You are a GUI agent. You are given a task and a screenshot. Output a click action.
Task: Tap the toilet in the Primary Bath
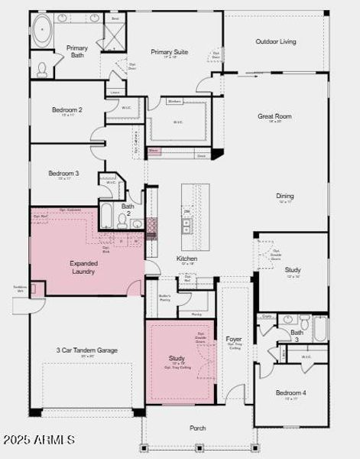pos(42,70)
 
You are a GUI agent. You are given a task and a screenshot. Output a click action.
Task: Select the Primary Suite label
pos(169,52)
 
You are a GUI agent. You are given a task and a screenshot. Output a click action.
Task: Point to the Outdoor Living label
pos(276,41)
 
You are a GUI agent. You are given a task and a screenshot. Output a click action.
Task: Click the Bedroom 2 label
pos(66,110)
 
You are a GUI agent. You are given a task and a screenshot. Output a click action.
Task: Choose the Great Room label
pos(274,116)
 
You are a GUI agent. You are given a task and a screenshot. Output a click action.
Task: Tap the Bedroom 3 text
pos(63,174)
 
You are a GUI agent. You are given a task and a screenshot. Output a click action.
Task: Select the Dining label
pos(284,196)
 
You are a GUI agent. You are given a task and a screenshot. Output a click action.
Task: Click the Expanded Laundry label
pos(83,267)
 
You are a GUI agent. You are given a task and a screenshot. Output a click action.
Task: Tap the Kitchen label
pos(187,259)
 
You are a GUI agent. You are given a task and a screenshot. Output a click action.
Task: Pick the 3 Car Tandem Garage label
pos(87,350)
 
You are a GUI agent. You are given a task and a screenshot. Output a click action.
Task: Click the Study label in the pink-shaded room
pos(177,358)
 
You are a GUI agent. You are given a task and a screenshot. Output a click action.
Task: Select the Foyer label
pos(234,338)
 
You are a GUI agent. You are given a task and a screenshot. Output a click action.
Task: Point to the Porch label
pos(198,428)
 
